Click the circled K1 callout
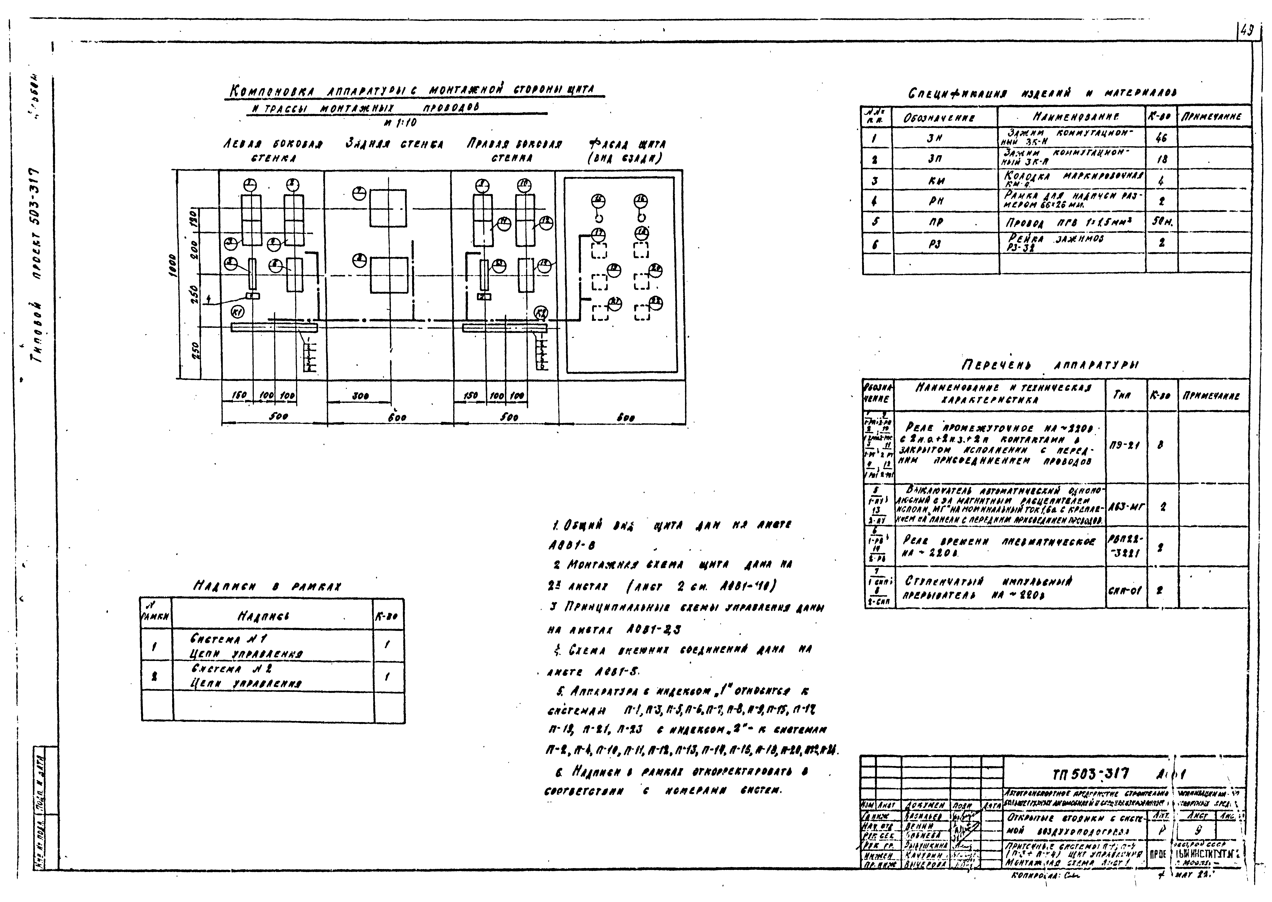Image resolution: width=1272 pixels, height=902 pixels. [237, 313]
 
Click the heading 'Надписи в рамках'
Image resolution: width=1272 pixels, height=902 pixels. [267, 586]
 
